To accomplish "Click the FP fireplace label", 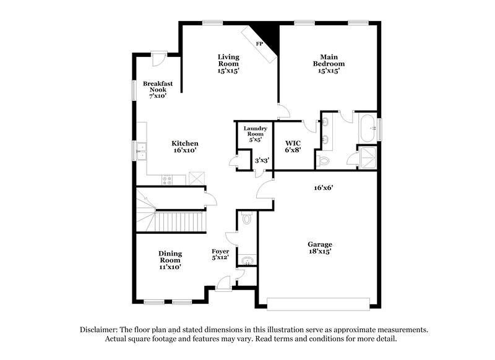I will (259, 44).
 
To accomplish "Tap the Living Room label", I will (228, 61).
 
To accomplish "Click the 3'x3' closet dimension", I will (262, 161).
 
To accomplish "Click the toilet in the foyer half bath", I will (246, 219).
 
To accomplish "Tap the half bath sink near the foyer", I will (247, 260).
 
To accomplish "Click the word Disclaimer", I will (102, 330).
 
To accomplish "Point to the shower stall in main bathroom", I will (367, 157).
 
